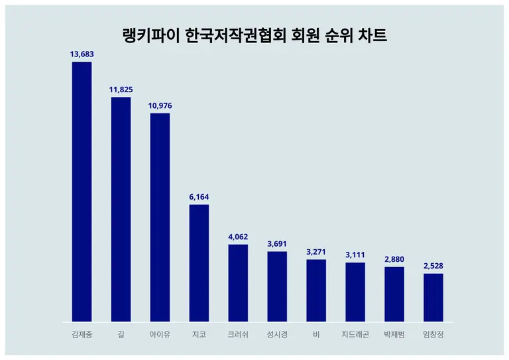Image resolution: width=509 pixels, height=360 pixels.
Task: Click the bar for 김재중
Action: coord(82,192)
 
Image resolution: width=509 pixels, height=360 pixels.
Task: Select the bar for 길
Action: coord(121,210)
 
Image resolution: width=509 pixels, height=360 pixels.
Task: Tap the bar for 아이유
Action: coord(160,217)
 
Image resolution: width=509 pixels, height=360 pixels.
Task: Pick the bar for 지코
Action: coord(199,263)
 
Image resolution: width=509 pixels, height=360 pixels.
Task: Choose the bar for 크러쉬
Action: coord(238,283)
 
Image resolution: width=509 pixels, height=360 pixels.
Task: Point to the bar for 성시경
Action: coord(277,286)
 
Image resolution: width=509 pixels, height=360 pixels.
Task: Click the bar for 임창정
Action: coord(433,298)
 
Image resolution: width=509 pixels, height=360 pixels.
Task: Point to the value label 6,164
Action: coord(199,197)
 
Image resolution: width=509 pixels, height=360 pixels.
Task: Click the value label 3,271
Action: coord(316,252)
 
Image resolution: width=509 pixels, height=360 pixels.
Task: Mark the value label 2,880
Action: coord(394,259)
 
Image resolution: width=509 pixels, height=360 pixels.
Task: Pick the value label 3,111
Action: coord(355,255)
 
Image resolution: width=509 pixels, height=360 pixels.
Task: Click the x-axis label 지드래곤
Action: coord(355,335)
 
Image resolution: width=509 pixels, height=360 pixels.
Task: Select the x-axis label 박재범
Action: coord(394,335)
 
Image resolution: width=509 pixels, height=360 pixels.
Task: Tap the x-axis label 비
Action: coord(316,335)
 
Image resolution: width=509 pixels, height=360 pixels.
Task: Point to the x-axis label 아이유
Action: coord(160,335)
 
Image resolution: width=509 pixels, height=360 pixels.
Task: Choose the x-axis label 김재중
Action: coord(82,335)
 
